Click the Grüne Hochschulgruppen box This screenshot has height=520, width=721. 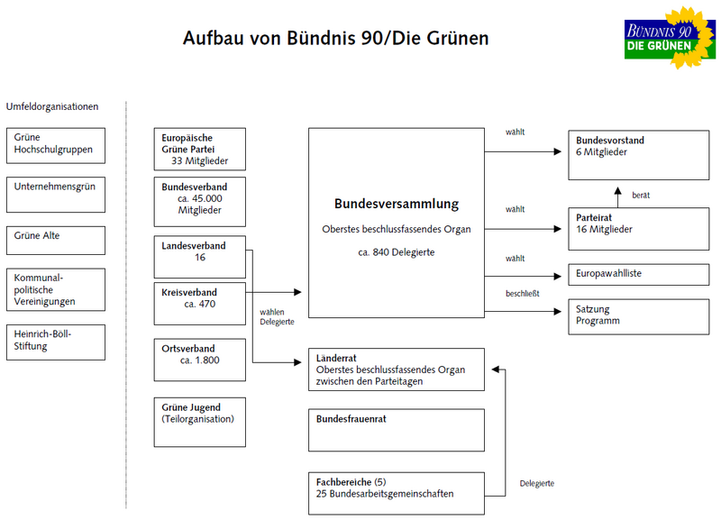(55, 143)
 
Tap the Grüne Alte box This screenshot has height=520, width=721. (55, 241)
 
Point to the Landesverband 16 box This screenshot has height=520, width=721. (199, 256)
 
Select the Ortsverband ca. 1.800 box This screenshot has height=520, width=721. (199, 360)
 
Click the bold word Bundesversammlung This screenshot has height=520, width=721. (397, 204)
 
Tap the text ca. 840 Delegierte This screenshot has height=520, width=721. (397, 252)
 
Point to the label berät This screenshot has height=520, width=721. (641, 196)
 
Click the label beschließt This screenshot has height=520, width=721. (522, 294)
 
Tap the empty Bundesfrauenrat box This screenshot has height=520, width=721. (397, 430)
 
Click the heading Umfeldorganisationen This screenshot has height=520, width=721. (51, 107)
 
